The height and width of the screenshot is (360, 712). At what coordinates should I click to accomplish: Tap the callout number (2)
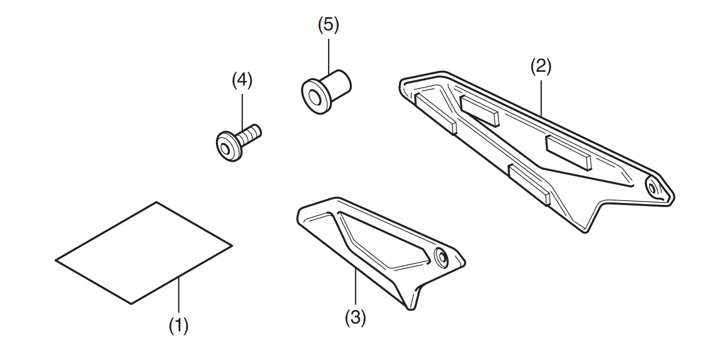(x=541, y=66)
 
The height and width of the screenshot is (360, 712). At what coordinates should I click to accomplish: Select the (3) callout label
(x=355, y=317)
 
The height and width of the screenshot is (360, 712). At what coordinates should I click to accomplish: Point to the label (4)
(x=242, y=80)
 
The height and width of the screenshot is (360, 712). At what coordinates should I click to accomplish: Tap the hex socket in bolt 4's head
(x=226, y=148)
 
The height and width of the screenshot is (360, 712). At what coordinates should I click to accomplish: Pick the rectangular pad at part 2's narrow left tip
(x=435, y=113)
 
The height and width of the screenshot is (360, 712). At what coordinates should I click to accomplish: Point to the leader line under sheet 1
(x=179, y=298)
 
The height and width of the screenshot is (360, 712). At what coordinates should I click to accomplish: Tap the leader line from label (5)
(x=328, y=54)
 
